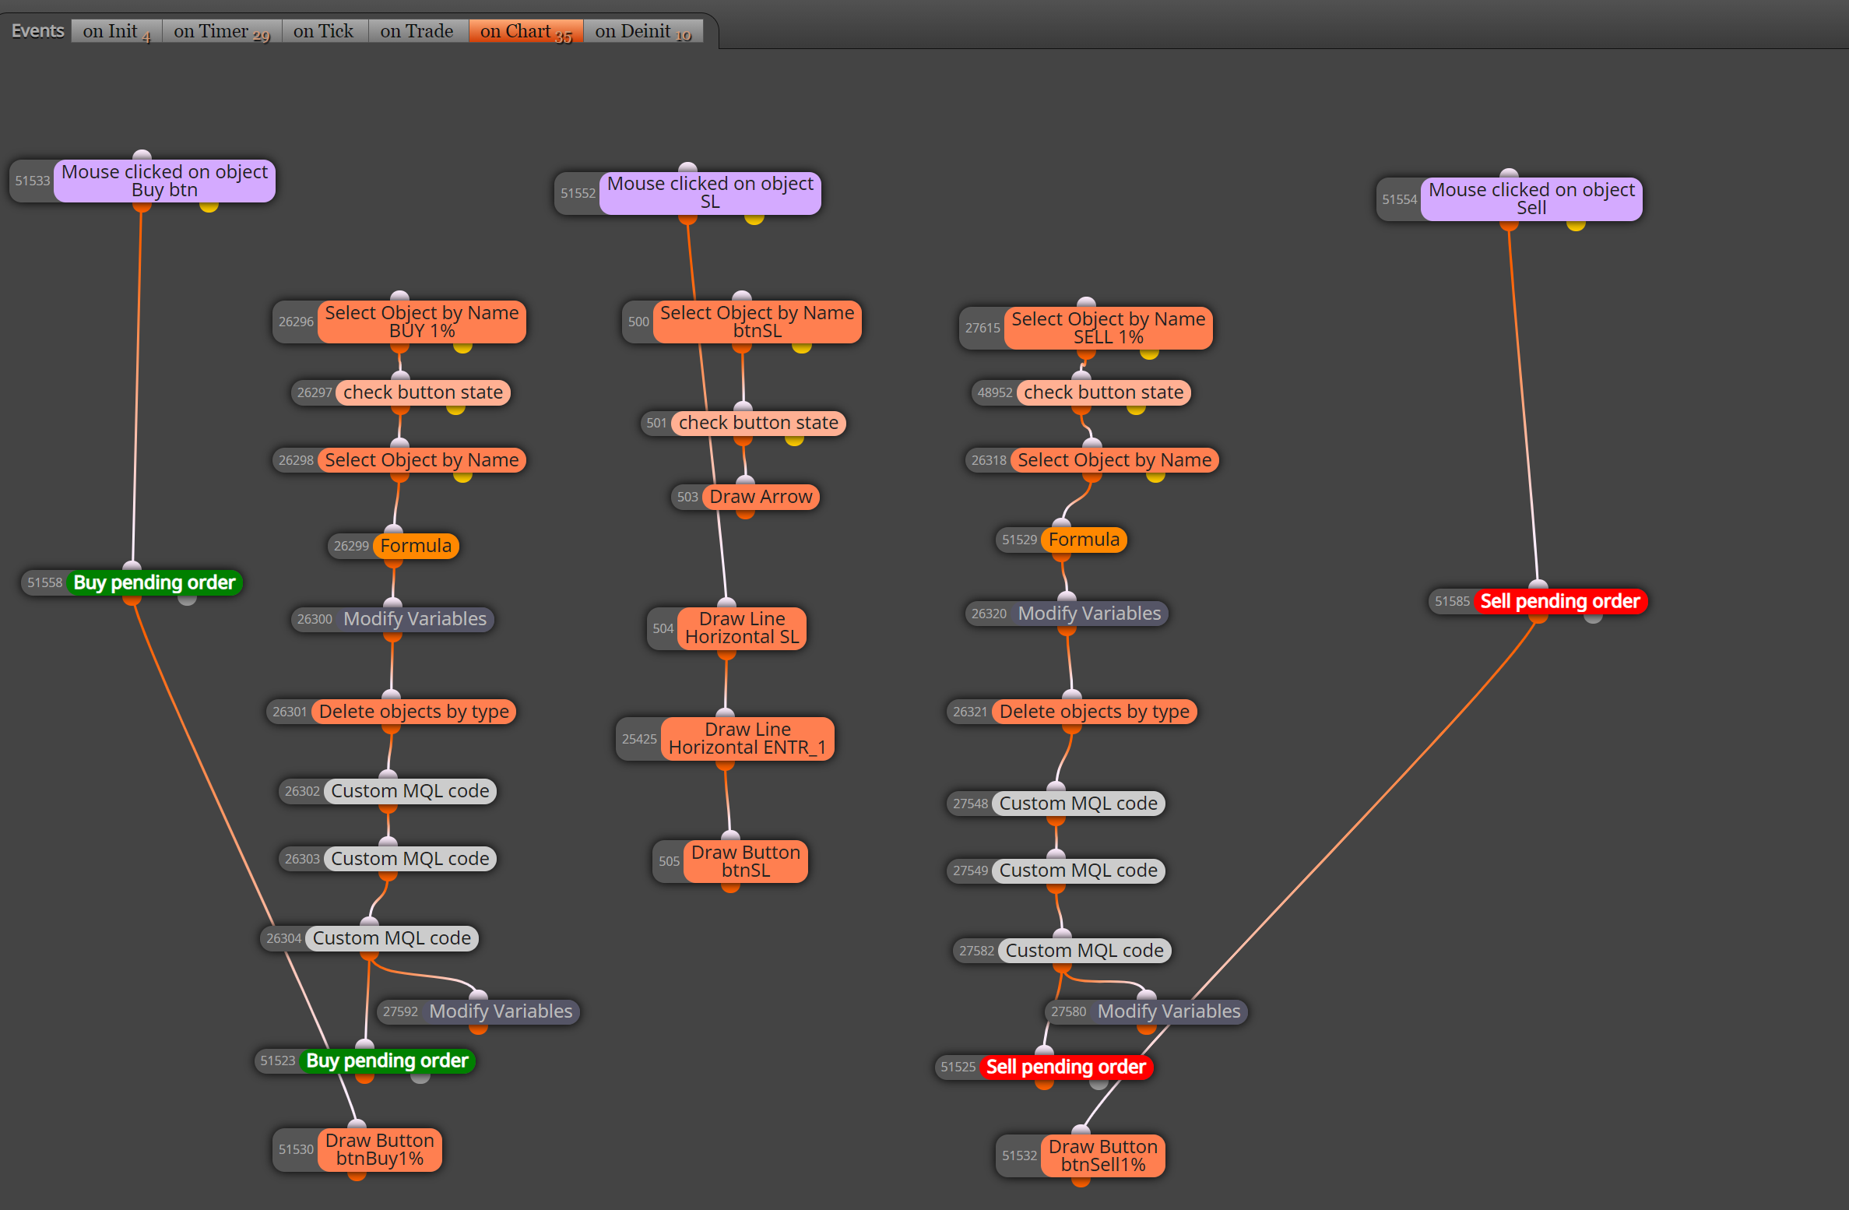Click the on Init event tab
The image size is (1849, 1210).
point(117,31)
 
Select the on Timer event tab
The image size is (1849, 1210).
point(222,31)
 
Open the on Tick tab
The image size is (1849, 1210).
point(324,31)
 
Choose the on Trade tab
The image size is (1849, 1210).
point(417,31)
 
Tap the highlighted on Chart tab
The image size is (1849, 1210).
point(526,31)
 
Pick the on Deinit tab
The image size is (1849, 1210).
point(643,31)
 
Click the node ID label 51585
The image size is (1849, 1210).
point(1452,601)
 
